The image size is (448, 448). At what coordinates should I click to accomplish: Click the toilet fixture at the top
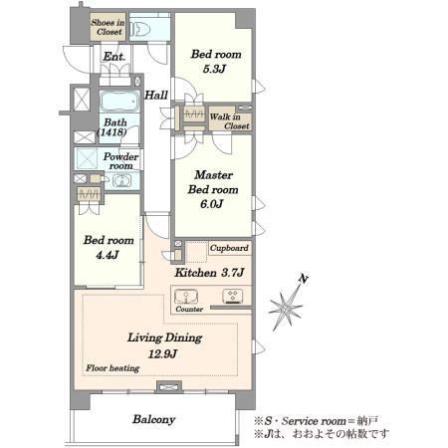[139, 29]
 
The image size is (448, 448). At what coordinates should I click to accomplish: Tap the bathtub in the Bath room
[119, 102]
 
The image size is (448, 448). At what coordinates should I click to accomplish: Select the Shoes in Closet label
[109, 27]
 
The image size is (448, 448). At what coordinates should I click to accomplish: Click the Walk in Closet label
[230, 121]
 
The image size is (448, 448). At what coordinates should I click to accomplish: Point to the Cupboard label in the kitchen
[229, 248]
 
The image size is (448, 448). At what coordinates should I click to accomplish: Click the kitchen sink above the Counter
[186, 297]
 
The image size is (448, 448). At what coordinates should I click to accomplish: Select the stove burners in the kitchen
[232, 296]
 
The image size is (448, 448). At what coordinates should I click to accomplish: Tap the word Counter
[189, 309]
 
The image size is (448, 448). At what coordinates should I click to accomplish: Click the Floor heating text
[112, 368]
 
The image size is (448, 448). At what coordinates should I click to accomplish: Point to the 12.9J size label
[162, 354]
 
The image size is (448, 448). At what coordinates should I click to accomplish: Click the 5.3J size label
[214, 69]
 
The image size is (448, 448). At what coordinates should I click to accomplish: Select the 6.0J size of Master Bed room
[212, 204]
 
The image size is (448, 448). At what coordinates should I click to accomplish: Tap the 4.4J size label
[108, 255]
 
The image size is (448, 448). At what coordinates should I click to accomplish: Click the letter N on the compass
[303, 279]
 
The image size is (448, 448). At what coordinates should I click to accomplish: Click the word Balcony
[154, 419]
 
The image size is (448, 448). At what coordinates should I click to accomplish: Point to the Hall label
[156, 96]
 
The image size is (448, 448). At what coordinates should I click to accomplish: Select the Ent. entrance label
[114, 57]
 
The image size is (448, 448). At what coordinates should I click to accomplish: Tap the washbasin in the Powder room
[121, 181]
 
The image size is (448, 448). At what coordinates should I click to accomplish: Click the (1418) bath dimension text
[112, 132]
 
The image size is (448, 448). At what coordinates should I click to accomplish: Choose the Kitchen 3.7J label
[209, 273]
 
